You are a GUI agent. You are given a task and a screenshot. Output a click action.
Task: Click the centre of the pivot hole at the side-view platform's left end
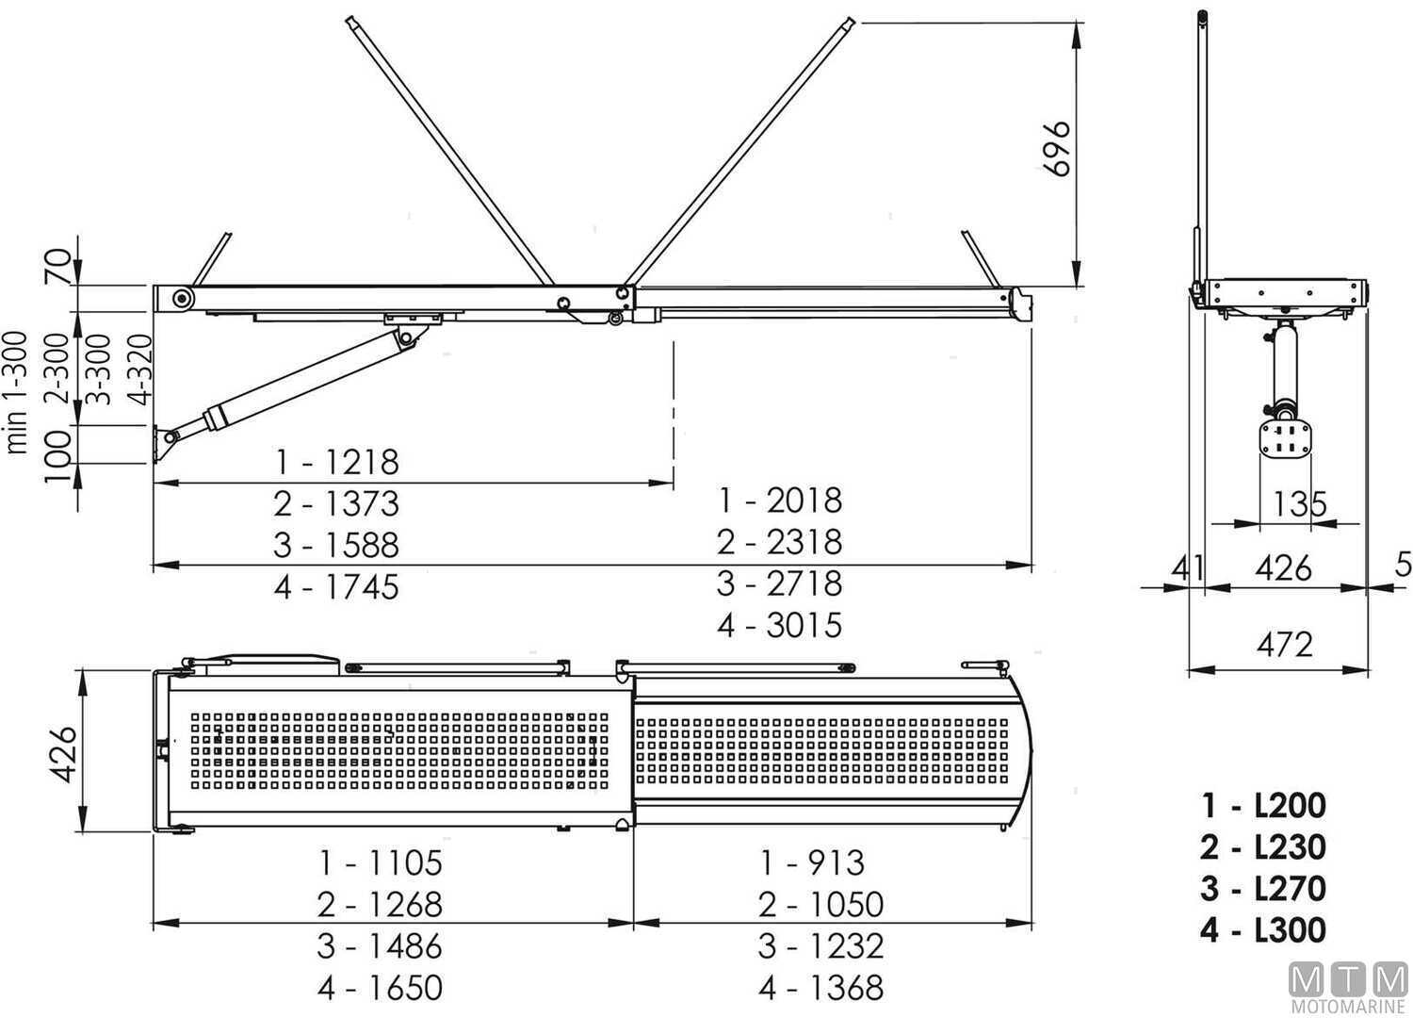[183, 299]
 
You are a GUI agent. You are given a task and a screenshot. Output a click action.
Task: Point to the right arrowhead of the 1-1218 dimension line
[661, 484]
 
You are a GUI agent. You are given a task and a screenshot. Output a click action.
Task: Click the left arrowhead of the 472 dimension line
[1201, 669]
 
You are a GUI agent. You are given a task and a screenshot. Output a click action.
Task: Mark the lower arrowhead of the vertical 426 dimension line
[81, 819]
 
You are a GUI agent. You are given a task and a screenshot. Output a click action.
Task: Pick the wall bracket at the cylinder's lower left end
[161, 444]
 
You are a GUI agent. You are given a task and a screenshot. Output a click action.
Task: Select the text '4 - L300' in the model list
[1263, 930]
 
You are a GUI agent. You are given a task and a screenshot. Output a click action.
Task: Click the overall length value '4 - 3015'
[780, 625]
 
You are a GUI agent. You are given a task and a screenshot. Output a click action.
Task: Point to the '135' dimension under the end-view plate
[1299, 503]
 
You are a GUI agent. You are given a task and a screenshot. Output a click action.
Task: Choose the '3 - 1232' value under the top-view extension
[821, 946]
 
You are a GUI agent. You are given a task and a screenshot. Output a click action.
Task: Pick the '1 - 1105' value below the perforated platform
[381, 862]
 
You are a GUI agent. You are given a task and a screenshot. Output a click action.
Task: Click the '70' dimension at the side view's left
[58, 267]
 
